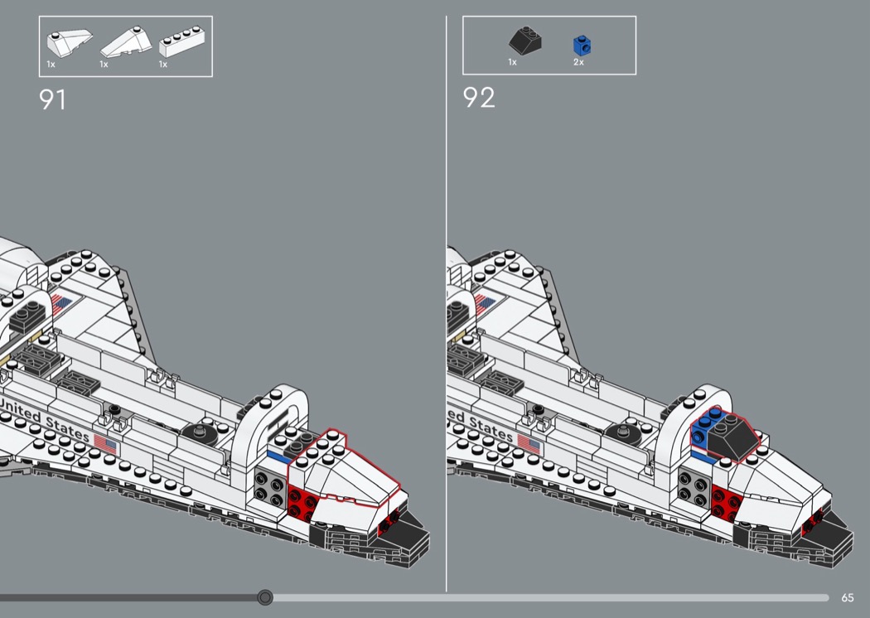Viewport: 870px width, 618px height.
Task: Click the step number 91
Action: pos(52,99)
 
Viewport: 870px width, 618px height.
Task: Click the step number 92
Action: pos(479,98)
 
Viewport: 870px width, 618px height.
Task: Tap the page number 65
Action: pos(847,598)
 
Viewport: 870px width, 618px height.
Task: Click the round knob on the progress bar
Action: pos(265,597)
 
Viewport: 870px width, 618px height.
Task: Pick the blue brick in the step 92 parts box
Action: pos(582,45)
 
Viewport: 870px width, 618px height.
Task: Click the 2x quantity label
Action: pos(578,62)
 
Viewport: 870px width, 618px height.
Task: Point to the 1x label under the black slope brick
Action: pos(512,62)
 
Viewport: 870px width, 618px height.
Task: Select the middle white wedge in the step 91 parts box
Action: pos(121,41)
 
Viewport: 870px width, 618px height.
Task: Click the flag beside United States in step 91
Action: pos(105,443)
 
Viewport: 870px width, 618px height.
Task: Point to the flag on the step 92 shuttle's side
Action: pos(529,446)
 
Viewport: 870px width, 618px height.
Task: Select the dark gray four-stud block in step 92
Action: pos(690,485)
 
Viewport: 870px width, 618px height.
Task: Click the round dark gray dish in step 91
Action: pos(199,432)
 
